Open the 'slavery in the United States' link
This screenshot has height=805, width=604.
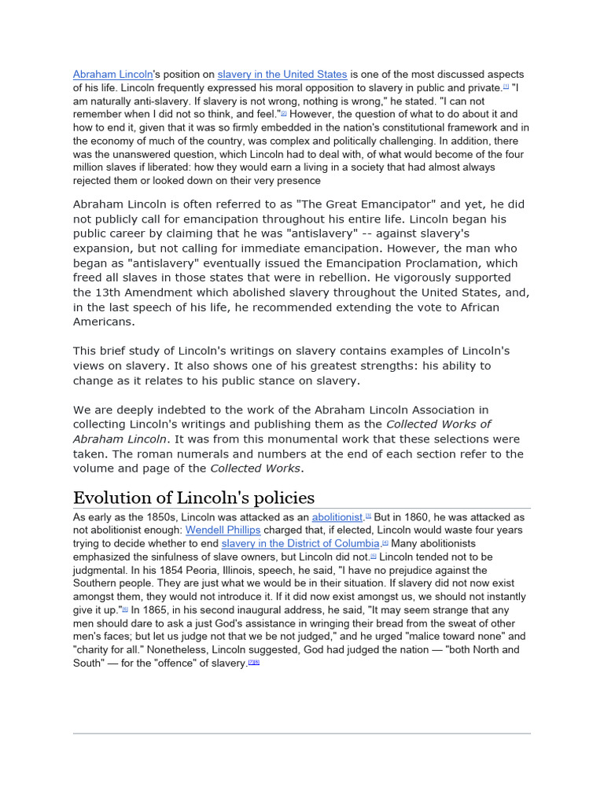click(x=282, y=75)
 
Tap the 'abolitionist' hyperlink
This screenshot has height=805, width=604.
click(x=337, y=517)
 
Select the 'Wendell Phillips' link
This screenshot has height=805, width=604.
click(x=223, y=531)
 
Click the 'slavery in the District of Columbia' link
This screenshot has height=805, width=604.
click(x=300, y=544)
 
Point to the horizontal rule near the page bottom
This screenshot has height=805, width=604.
click(x=302, y=733)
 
